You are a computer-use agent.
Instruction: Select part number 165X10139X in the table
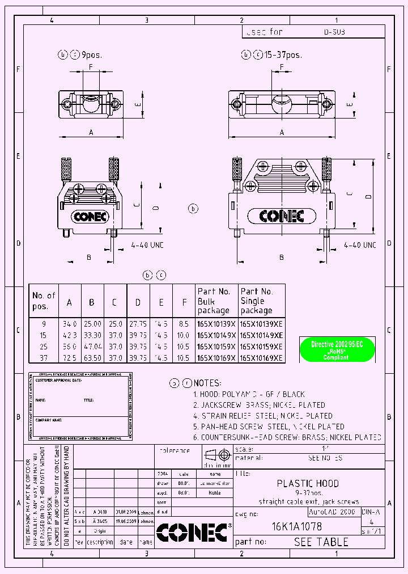click(216, 324)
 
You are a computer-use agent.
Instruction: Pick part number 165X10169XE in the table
click(261, 357)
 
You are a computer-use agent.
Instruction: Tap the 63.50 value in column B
click(91, 357)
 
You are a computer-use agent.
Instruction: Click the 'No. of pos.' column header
click(44, 301)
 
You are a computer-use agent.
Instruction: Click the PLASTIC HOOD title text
click(308, 484)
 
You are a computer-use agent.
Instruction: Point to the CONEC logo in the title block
click(193, 532)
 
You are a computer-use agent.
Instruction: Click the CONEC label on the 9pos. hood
click(90, 216)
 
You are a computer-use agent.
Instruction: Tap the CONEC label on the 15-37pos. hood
click(282, 216)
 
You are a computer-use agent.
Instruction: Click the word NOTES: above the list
click(207, 383)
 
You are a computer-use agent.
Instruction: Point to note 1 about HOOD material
click(249, 394)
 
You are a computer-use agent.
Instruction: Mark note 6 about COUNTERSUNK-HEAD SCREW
click(287, 437)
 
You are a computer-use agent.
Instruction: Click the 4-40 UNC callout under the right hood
click(360, 245)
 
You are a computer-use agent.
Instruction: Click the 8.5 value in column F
click(184, 324)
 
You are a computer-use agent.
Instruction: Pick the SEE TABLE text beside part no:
click(321, 542)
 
